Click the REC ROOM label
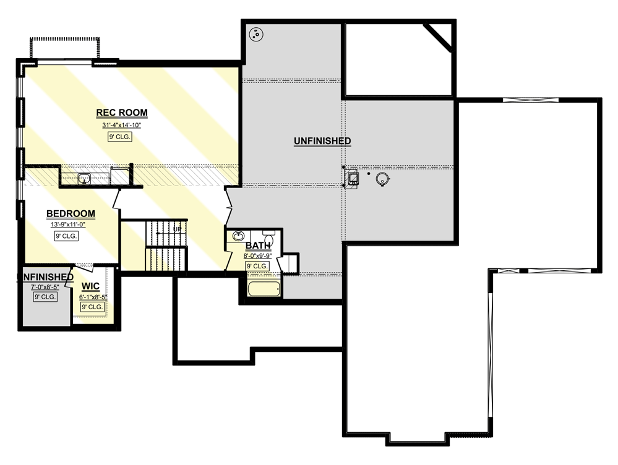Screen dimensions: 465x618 122,113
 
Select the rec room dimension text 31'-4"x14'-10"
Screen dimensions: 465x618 122,126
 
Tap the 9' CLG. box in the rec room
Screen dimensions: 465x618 120,137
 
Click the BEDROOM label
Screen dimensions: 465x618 71,214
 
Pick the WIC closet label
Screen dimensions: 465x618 91,286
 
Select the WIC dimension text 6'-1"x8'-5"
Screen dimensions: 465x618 93,297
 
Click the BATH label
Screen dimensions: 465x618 257,245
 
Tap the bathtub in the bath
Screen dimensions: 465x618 264,289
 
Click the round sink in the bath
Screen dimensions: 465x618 238,236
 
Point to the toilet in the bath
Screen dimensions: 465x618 269,238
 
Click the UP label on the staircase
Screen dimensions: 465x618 177,229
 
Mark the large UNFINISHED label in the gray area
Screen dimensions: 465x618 322,141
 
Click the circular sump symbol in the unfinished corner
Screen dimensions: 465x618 255,34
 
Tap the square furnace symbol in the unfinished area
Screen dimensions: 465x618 353,179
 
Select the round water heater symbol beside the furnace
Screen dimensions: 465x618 382,179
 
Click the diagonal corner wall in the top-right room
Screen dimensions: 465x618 440,35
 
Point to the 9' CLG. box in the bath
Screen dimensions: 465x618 257,266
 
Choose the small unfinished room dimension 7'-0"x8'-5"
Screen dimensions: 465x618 45,287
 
